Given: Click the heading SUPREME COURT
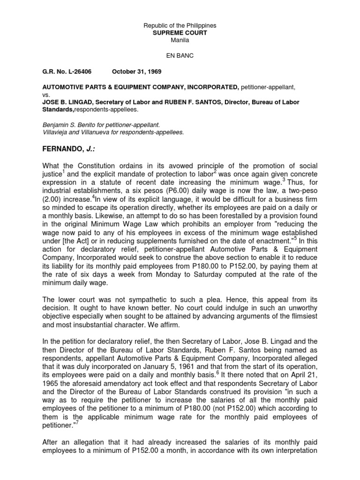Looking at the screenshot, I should (x=180, y=34).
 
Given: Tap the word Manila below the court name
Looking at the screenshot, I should (x=180, y=41).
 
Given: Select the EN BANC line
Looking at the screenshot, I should (x=180, y=55).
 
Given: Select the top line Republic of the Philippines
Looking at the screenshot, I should (x=180, y=25).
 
